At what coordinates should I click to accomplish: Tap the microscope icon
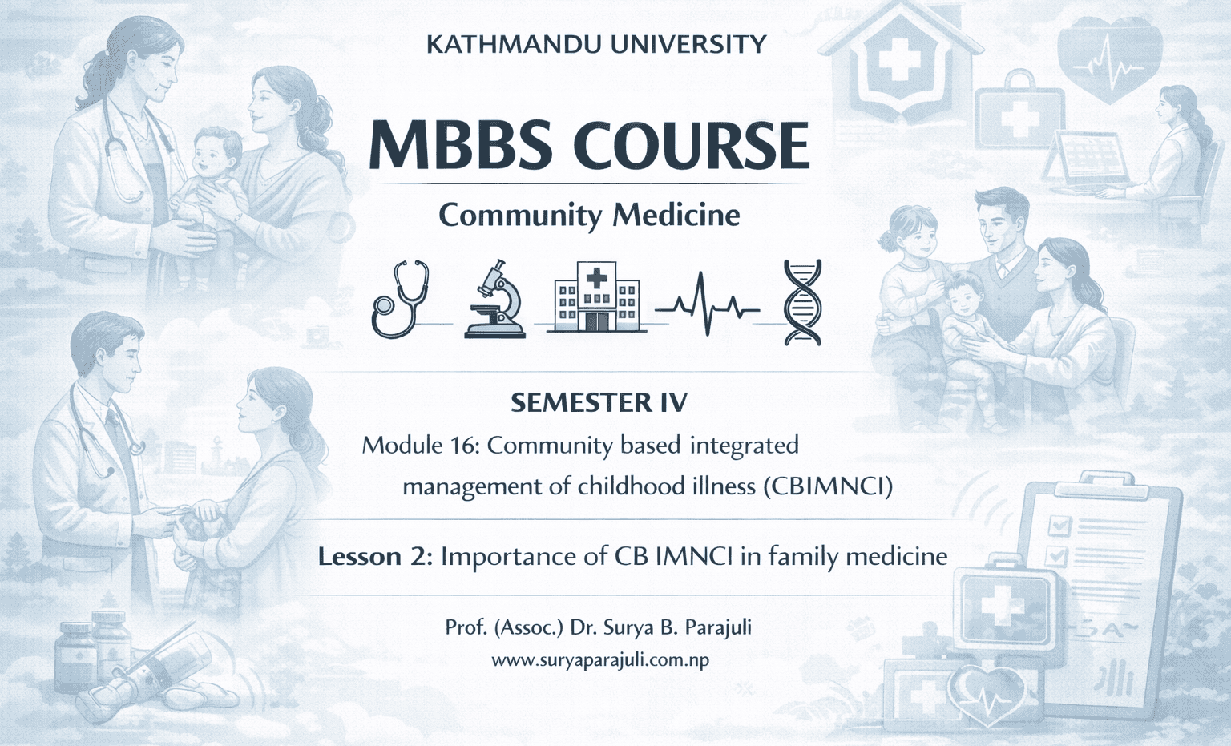(496, 300)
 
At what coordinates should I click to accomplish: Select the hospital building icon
(596, 296)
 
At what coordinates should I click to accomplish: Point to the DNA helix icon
(802, 302)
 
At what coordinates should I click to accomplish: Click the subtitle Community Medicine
(589, 215)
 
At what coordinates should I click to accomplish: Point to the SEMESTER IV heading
(599, 402)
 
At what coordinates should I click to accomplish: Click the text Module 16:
(420, 445)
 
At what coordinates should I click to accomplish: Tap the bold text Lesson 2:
(375, 556)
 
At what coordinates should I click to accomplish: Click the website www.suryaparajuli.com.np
(599, 660)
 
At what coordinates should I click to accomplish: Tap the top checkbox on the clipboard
(1059, 525)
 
